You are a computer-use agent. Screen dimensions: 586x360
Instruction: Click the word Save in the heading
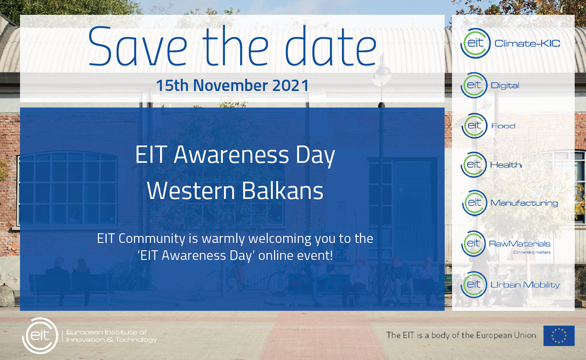click(138, 46)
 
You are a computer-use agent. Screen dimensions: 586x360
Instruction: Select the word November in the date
click(230, 85)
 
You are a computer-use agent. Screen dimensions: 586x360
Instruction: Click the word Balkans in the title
click(282, 190)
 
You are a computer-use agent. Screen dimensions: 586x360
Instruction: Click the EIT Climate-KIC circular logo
click(475, 43)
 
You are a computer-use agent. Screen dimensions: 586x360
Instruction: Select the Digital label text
click(505, 86)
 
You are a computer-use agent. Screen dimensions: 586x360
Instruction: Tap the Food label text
click(503, 126)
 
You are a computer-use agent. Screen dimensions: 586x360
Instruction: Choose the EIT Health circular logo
click(474, 165)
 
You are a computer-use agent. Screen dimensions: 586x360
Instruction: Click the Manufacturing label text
click(524, 203)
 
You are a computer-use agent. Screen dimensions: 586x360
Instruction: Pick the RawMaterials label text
click(519, 244)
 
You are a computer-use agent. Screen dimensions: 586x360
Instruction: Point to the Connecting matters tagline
click(532, 252)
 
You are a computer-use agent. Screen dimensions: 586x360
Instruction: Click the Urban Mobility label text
click(525, 285)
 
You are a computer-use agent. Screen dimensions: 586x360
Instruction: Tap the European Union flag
click(559, 336)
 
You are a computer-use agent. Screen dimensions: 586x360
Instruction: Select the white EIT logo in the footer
click(40, 336)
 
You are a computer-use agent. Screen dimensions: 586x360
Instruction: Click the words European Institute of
click(106, 332)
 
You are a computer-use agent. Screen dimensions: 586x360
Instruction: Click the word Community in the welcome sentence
click(152, 239)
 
